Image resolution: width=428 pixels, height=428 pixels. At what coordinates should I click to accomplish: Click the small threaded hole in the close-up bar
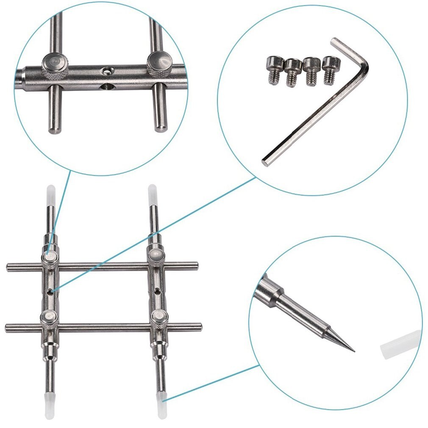point(107,69)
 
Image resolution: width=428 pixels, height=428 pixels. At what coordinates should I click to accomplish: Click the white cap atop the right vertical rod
point(152,193)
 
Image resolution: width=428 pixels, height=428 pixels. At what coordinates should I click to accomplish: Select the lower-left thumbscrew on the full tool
point(50,317)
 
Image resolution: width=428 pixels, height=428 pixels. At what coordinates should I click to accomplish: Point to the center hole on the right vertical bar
point(157,291)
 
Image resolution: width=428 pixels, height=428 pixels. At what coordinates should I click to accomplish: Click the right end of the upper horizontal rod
point(195,265)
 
